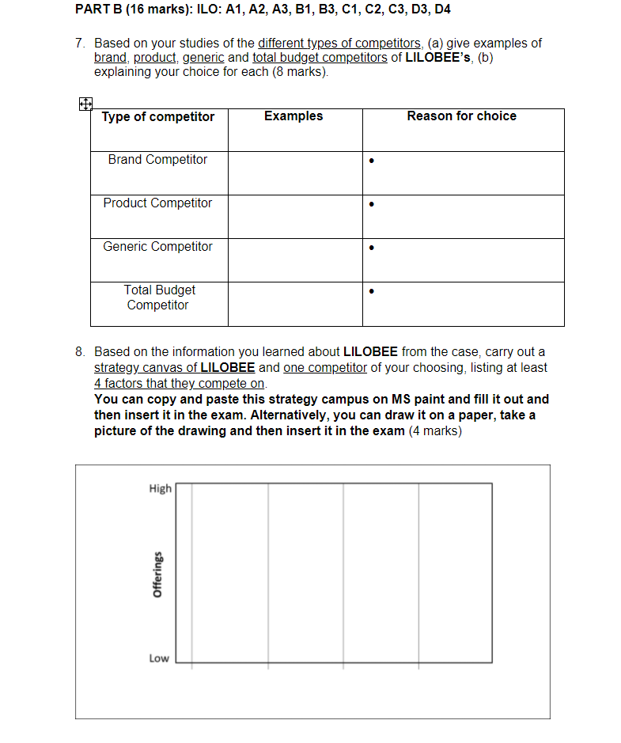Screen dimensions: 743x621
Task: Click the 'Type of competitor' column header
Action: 157,117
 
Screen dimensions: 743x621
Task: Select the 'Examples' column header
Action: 293,116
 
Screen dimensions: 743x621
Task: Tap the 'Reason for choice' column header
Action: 461,116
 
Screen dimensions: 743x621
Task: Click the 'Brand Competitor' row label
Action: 157,160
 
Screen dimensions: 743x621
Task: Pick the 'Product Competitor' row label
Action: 157,203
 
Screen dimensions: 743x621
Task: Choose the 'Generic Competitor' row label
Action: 157,247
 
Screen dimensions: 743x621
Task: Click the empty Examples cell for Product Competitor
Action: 295,216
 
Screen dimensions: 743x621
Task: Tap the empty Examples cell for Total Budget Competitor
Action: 295,304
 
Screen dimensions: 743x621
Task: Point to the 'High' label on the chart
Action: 160,489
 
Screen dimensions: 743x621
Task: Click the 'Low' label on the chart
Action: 159,658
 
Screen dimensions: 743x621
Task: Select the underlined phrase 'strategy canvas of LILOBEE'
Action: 174,368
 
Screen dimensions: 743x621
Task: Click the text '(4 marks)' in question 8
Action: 434,431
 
